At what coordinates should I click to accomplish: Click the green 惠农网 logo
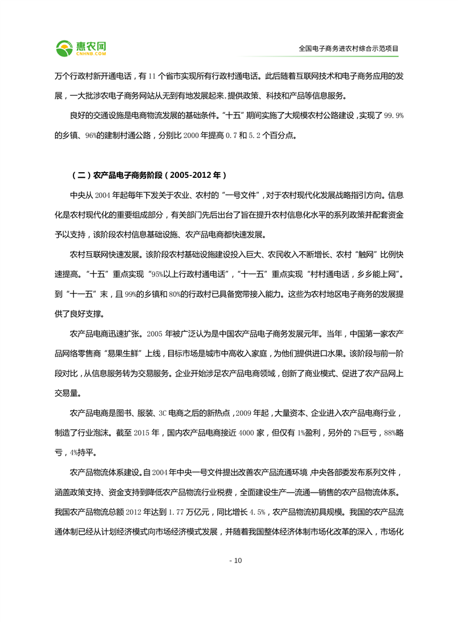coord(81,47)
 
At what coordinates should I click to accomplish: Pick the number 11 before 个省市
coord(152,76)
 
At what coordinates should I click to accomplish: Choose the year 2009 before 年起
coord(252,415)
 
